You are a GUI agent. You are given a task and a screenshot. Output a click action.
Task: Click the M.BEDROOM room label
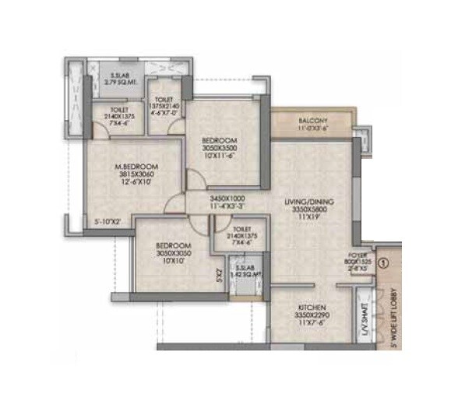pos(137,167)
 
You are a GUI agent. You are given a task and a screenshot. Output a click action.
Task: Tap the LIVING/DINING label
pos(310,202)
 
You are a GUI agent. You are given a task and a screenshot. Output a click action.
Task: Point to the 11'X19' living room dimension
pos(310,219)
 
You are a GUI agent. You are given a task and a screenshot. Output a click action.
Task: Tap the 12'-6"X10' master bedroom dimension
pos(137,183)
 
